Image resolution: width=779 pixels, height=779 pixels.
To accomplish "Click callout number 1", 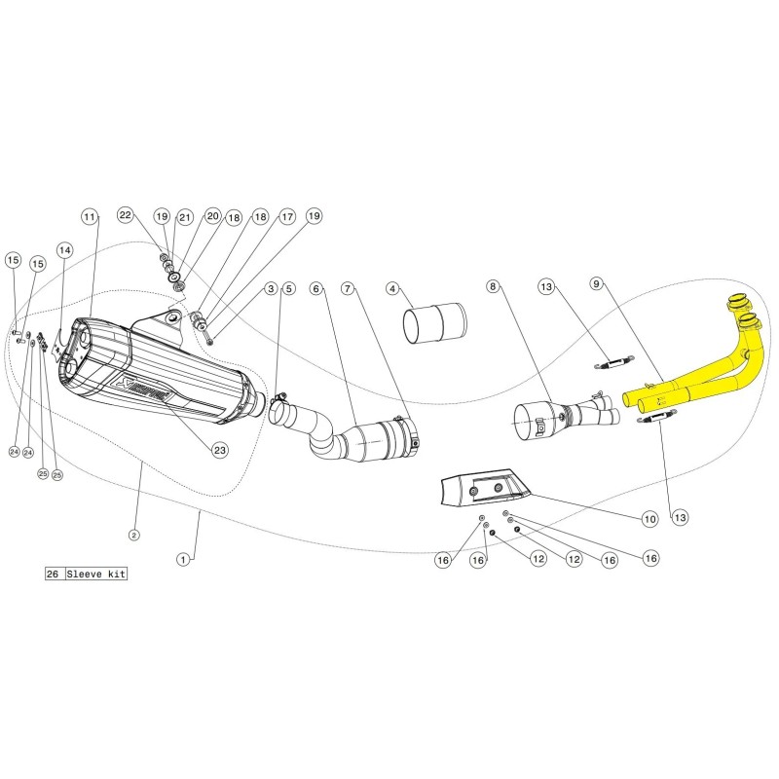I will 182,559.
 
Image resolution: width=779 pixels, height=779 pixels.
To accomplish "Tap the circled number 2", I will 133,535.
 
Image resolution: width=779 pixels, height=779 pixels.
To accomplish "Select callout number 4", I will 392,288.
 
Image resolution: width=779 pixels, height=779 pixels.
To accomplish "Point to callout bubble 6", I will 315,288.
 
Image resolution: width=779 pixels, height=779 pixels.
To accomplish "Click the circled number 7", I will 348,288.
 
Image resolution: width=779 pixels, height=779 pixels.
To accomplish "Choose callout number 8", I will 493,286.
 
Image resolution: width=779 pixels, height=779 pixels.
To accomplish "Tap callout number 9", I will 597,284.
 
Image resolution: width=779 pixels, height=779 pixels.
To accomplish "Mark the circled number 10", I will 649,519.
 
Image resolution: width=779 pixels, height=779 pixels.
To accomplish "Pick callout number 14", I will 64,249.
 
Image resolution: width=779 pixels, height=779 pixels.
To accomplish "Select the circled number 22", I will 125,214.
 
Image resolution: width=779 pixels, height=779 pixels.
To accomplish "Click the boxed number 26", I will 53,575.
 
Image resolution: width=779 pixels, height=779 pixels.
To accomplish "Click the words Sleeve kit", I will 95,575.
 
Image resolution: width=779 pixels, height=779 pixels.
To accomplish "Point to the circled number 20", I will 212,216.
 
